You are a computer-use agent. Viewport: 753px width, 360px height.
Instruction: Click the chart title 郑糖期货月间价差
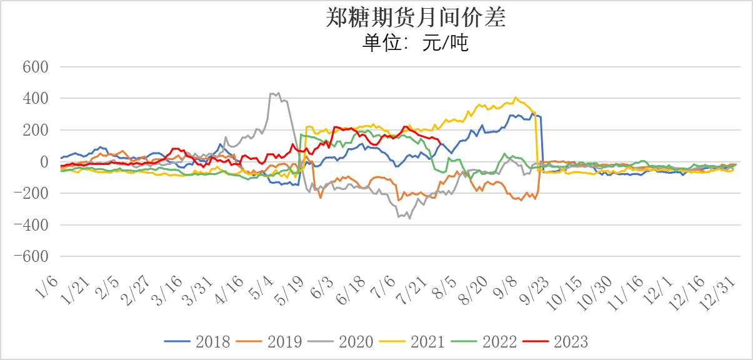(416, 18)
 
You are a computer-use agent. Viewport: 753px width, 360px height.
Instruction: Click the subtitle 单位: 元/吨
(416, 43)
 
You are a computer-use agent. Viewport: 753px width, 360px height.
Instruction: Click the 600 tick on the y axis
(36, 67)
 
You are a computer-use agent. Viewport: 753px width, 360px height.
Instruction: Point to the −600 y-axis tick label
(32, 257)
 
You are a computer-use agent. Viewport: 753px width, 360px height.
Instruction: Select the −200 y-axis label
(32, 194)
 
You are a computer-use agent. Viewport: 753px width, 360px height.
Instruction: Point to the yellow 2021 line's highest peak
(516, 97)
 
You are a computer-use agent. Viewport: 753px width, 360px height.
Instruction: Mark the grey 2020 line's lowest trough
(410, 218)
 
